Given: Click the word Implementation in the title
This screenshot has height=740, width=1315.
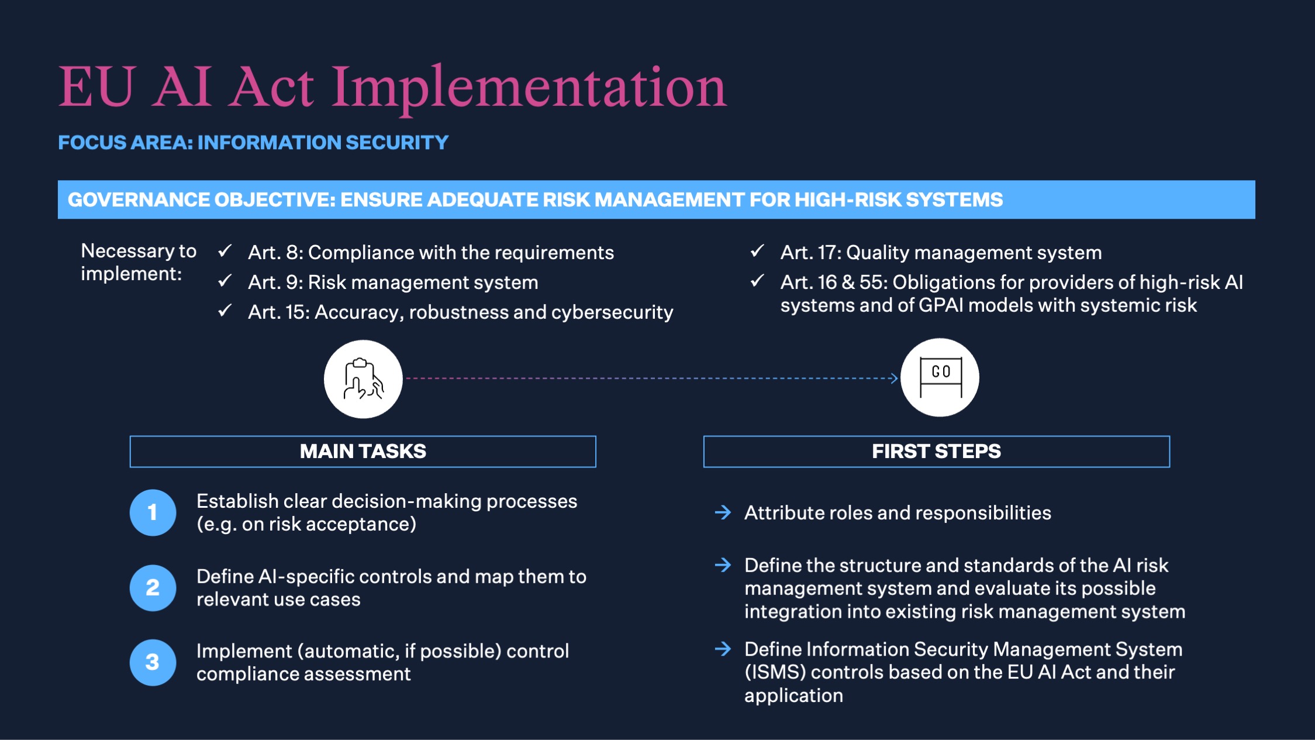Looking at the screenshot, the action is click(x=529, y=89).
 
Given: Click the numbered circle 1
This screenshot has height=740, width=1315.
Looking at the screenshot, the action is click(x=153, y=512).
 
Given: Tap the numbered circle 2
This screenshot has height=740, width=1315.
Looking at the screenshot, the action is click(x=153, y=588).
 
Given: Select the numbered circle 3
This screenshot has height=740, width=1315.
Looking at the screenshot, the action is click(x=153, y=662).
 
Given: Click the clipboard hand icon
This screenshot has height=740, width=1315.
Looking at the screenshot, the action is click(x=363, y=379).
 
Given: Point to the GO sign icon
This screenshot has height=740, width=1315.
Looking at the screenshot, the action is click(x=940, y=377).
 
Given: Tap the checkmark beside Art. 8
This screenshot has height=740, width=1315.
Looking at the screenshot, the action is click(x=225, y=252).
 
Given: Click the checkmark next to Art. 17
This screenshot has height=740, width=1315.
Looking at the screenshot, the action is click(x=757, y=252).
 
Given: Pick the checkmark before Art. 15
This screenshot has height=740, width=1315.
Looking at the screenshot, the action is click(x=225, y=311).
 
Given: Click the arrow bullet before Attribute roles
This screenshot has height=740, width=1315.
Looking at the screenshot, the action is click(x=723, y=512).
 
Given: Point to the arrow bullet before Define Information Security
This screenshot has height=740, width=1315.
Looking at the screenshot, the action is click(x=723, y=649).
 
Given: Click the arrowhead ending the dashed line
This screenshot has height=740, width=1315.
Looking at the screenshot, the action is click(x=893, y=378).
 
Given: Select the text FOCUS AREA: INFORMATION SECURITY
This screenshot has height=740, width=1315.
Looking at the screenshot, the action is click(x=253, y=143).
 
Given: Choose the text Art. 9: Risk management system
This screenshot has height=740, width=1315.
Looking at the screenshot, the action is click(x=393, y=283).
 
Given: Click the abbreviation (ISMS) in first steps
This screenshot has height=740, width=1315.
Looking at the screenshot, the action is click(x=775, y=673).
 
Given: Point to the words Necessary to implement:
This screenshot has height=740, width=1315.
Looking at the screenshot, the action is click(x=139, y=262).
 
